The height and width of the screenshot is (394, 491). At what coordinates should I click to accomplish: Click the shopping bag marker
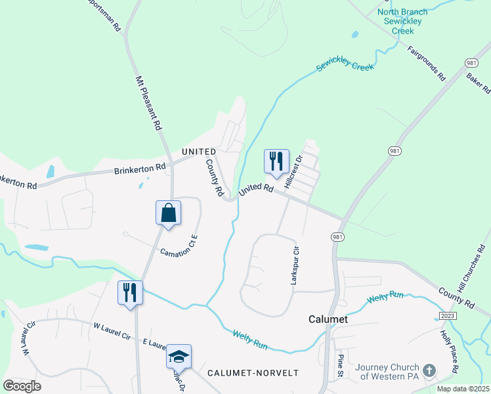pyautogui.click(x=169, y=213)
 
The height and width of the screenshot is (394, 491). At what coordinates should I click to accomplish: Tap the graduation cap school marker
pyautogui.click(x=179, y=357)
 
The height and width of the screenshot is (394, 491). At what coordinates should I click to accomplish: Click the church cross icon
pyautogui.click(x=429, y=370)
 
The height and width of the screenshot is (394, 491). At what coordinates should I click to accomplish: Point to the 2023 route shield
pyautogui.click(x=449, y=316)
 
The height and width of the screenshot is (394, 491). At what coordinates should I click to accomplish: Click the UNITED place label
pyautogui.click(x=199, y=152)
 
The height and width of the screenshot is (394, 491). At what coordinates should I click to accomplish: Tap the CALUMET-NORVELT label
pyautogui.click(x=253, y=372)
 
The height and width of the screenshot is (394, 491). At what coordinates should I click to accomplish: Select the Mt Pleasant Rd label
pyautogui.click(x=148, y=104)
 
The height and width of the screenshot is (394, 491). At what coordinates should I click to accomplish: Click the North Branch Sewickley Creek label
pyautogui.click(x=403, y=21)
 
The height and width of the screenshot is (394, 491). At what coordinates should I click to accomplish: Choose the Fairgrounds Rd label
pyautogui.click(x=426, y=63)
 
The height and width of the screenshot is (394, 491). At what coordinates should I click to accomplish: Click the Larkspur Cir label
pyautogui.click(x=295, y=265)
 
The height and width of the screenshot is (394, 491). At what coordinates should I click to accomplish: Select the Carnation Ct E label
pyautogui.click(x=178, y=246)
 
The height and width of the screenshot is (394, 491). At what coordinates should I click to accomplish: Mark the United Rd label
pyautogui.click(x=256, y=189)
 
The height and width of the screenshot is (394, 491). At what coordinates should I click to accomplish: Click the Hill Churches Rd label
pyautogui.click(x=471, y=269)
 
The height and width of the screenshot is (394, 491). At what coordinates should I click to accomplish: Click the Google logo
pyautogui.click(x=22, y=385)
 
